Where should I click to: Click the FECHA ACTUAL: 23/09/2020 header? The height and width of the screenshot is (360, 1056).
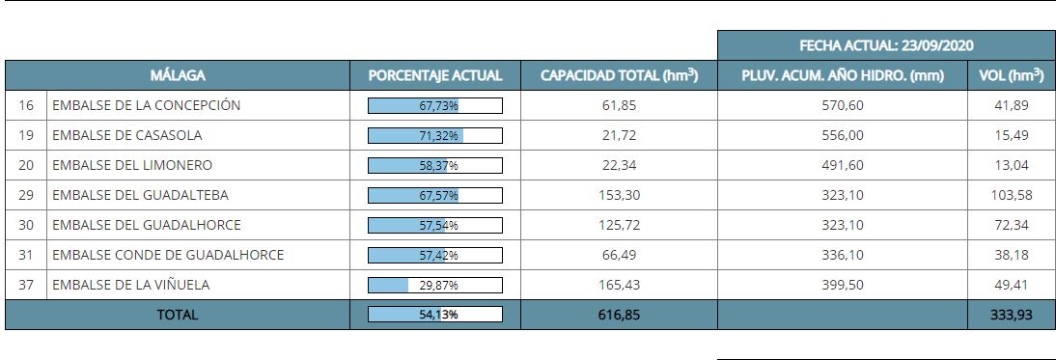(x=885, y=45)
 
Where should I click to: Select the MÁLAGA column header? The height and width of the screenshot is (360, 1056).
(x=178, y=75)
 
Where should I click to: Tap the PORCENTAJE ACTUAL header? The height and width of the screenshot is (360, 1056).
(x=435, y=75)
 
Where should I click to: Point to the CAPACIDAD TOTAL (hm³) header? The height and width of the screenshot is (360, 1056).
(x=619, y=75)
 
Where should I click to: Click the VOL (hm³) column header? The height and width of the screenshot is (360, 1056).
(x=1011, y=75)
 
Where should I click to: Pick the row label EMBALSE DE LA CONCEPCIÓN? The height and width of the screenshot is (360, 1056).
(x=146, y=105)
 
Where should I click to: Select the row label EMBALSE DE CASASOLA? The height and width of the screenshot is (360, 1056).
(x=127, y=135)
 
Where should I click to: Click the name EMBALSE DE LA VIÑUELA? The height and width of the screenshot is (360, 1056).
(x=130, y=285)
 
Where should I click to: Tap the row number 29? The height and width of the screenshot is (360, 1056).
(x=26, y=195)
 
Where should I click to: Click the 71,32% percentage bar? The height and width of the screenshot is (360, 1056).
(x=435, y=135)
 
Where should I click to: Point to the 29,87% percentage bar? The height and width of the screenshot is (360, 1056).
(x=435, y=285)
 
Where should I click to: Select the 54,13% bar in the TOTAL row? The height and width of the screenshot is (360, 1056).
(x=435, y=315)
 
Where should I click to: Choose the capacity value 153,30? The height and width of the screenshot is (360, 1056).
(x=619, y=195)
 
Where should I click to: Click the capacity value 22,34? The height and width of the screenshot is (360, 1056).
(x=619, y=165)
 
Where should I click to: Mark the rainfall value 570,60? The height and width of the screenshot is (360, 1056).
(x=843, y=105)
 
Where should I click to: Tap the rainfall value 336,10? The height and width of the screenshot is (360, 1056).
(x=843, y=255)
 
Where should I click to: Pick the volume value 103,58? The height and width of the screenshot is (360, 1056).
(x=1011, y=195)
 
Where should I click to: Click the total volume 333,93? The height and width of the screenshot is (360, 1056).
(x=1011, y=315)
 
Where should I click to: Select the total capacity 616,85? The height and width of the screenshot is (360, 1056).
(x=619, y=315)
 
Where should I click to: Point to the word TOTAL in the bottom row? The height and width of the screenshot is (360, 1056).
(x=177, y=315)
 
